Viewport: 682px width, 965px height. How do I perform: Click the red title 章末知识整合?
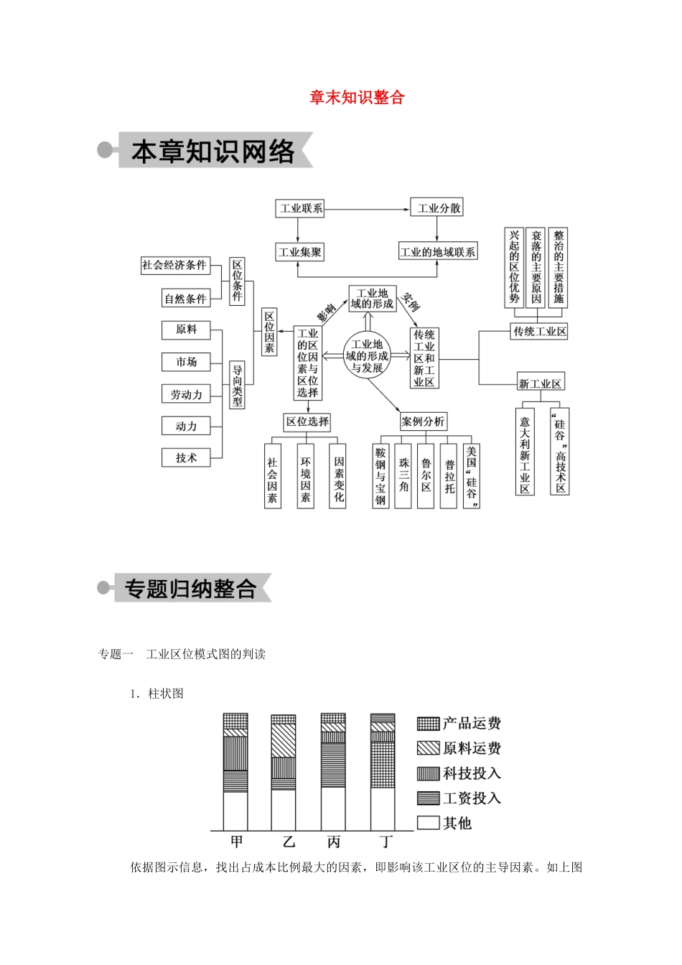[x=357, y=98]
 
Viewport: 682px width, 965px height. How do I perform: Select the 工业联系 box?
[x=301, y=208]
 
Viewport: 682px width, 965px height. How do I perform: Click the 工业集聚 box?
[x=300, y=252]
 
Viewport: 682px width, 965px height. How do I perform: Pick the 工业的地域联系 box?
[x=437, y=252]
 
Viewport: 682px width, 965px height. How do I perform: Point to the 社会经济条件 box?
[x=174, y=265]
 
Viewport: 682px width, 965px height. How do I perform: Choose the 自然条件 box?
[x=185, y=299]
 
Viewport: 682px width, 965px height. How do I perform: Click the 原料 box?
[x=186, y=330]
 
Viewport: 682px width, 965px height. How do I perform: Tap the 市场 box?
[x=186, y=362]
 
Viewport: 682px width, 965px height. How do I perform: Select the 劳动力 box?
[x=186, y=394]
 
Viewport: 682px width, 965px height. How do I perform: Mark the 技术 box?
[x=186, y=457]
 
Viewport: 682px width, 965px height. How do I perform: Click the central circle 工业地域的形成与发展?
[x=367, y=356]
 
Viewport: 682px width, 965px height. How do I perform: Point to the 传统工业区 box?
[x=540, y=331]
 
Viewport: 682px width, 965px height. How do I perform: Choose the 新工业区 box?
[x=541, y=383]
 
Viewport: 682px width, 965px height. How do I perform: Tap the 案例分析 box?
[x=423, y=421]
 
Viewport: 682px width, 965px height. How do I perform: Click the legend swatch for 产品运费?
[x=428, y=723]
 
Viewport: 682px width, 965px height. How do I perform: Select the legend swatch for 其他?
[x=428, y=823]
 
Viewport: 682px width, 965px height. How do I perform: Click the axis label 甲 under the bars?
[x=237, y=842]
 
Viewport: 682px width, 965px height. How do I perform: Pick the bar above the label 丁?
[x=383, y=772]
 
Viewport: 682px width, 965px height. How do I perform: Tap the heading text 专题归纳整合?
[x=190, y=589]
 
